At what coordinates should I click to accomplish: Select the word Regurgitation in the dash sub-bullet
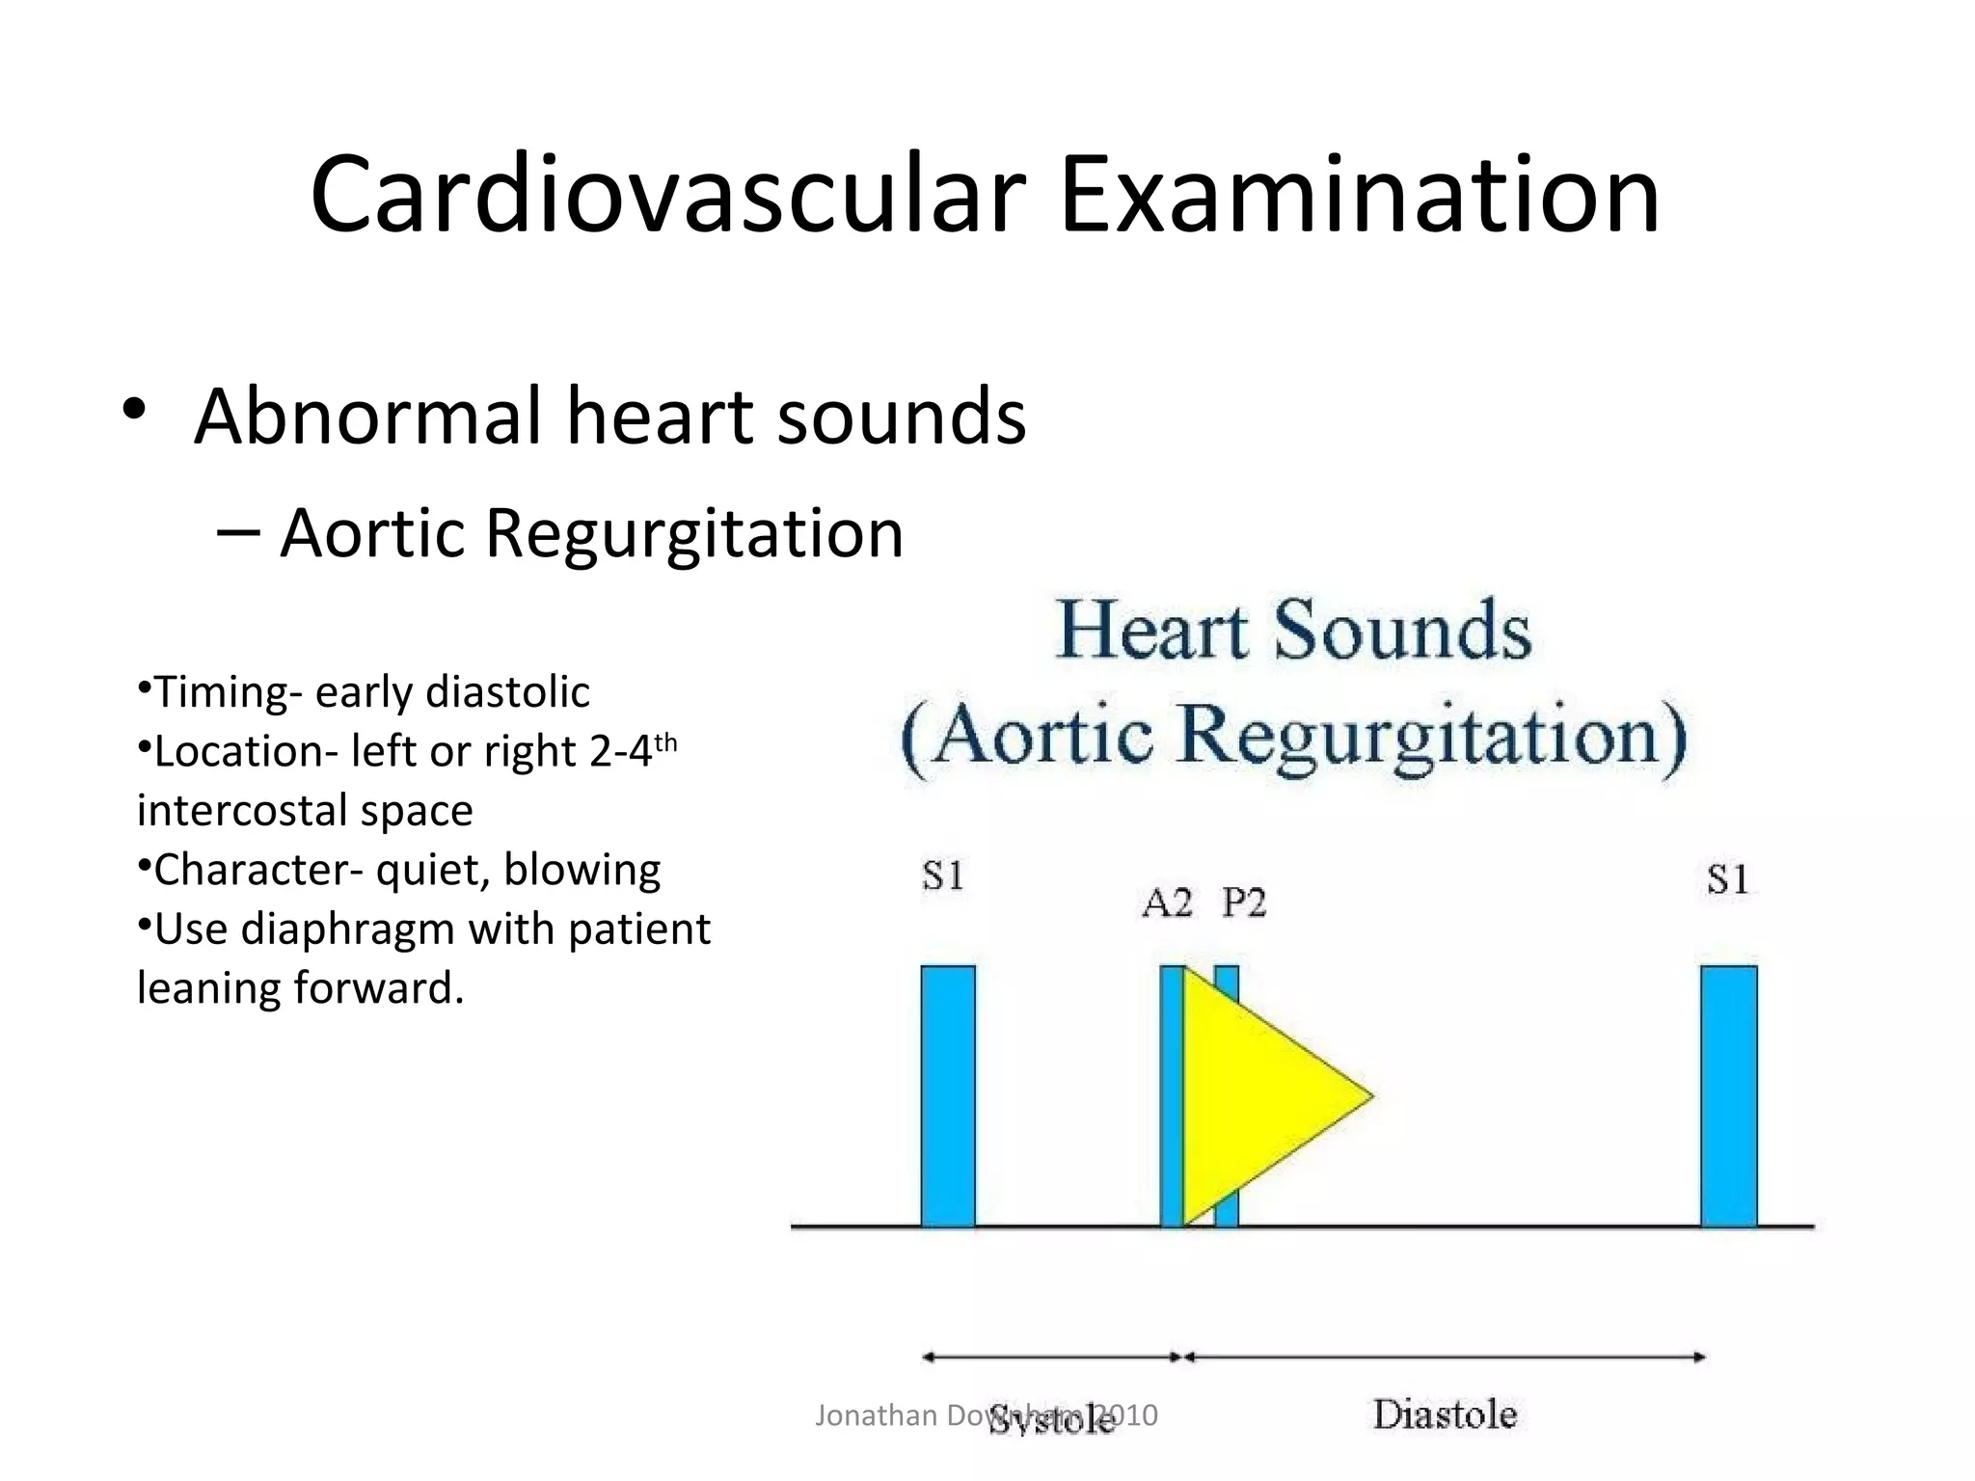tap(694, 533)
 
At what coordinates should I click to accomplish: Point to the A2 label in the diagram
tap(1167, 903)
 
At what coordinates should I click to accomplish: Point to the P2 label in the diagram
tap(1244, 903)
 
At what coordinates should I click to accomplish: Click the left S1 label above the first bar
tap(943, 876)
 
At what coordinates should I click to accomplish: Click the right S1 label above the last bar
tap(1727, 879)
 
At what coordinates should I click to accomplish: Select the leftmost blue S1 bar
tap(948, 1095)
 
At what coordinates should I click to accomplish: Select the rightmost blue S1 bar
tap(1728, 1095)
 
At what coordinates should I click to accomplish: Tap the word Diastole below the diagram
tap(1445, 1414)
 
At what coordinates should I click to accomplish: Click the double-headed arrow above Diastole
tap(1445, 1357)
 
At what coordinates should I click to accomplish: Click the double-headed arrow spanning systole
tap(1051, 1357)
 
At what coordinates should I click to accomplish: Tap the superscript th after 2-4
tap(666, 743)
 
